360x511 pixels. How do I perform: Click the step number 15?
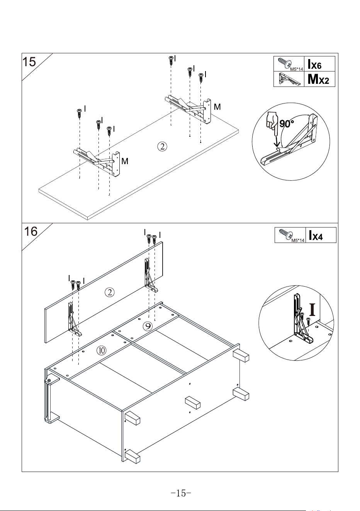click(x=29, y=61)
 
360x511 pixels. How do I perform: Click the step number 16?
click(x=31, y=231)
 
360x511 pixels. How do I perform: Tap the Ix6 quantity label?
click(x=314, y=64)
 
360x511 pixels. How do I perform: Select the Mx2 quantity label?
click(x=318, y=79)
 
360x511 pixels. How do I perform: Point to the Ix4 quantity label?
click(x=316, y=235)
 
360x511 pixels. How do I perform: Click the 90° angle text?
click(x=287, y=124)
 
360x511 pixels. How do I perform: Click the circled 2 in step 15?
click(x=162, y=146)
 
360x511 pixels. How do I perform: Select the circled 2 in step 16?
click(x=109, y=292)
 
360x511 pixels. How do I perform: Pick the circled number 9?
click(x=148, y=326)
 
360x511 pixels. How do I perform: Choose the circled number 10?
click(x=101, y=350)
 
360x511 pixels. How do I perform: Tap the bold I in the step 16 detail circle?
click(x=312, y=309)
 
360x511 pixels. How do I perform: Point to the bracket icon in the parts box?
click(x=289, y=79)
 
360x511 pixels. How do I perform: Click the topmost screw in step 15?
click(x=171, y=61)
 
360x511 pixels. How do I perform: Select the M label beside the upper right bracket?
click(x=217, y=107)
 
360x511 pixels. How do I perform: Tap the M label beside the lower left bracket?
click(x=125, y=161)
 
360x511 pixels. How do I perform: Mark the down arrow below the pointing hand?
click(x=277, y=141)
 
